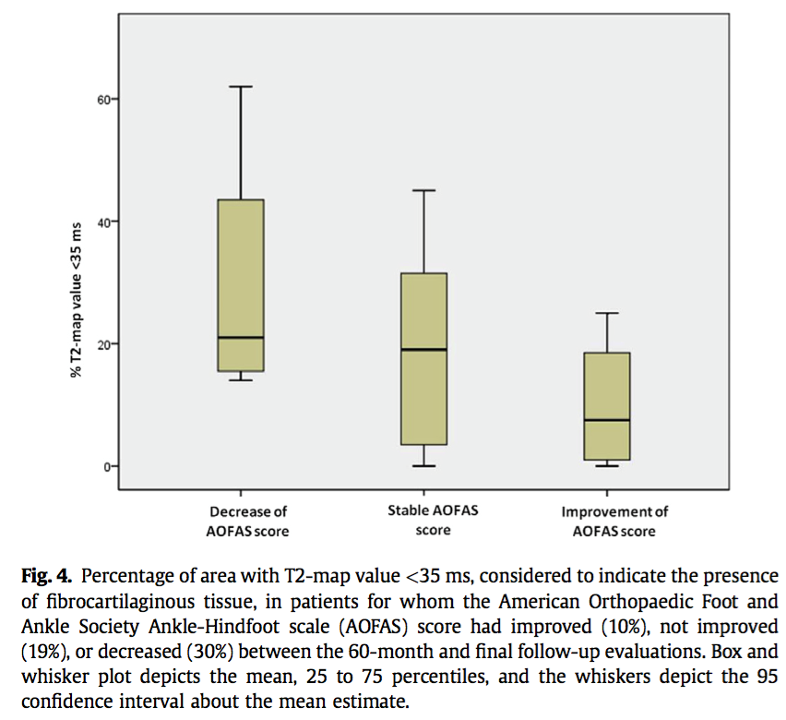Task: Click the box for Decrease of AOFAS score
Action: (241, 277)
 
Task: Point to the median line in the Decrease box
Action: (241, 338)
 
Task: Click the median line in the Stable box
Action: (424, 350)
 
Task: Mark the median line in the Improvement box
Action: (607, 420)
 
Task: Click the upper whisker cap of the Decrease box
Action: (241, 87)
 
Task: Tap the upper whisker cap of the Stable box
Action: (424, 190)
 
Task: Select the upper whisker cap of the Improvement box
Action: (607, 313)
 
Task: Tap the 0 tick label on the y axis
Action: (110, 466)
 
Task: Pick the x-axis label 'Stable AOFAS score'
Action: (433, 520)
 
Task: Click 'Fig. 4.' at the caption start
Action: (46, 577)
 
